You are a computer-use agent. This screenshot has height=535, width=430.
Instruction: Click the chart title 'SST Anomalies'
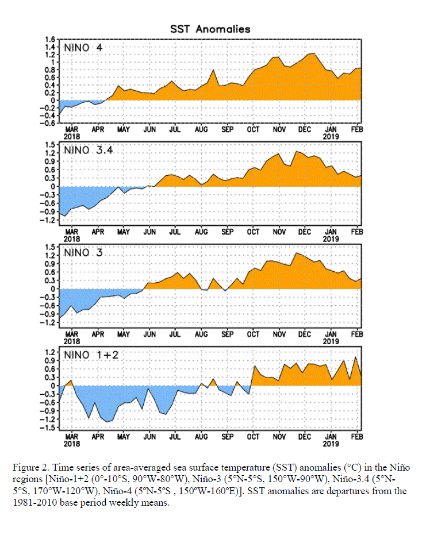pyautogui.click(x=210, y=29)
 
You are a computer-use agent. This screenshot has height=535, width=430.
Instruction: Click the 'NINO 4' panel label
pyautogui.click(x=83, y=48)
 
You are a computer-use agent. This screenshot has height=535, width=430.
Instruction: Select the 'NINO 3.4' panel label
pyautogui.click(x=88, y=150)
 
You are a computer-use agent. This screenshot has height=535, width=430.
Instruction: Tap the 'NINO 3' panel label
pyautogui.click(x=83, y=252)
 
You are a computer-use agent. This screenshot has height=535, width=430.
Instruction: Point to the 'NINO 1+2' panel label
pyautogui.click(x=91, y=355)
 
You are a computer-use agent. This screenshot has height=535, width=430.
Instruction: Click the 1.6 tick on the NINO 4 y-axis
pyautogui.click(x=50, y=40)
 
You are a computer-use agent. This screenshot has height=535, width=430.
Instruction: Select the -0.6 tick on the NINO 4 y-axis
pyautogui.click(x=48, y=123)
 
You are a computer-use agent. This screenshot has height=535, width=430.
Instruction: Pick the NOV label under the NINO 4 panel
pyautogui.click(x=279, y=130)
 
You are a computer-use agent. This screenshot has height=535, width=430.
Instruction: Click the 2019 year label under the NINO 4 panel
pyautogui.click(x=331, y=137)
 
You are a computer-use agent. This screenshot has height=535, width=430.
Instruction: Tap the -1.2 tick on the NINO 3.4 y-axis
pyautogui.click(x=48, y=220)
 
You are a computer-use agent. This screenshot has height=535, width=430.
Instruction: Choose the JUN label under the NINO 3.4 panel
pyautogui.click(x=149, y=232)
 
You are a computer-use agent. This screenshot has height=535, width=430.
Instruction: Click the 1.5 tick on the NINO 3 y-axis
pyautogui.click(x=50, y=247)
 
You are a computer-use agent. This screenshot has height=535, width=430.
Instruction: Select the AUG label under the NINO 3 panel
pyautogui.click(x=201, y=334)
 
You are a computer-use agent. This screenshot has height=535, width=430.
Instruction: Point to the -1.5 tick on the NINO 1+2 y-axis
pyautogui.click(x=48, y=428)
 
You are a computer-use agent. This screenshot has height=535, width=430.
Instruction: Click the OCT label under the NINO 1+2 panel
pyautogui.click(x=253, y=437)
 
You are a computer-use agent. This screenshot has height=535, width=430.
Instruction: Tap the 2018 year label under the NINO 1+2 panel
pyautogui.click(x=72, y=444)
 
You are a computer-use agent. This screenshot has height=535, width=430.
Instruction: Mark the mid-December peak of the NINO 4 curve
pyautogui.click(x=314, y=53)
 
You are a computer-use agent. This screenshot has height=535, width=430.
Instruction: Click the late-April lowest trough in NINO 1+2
pyautogui.click(x=107, y=422)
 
